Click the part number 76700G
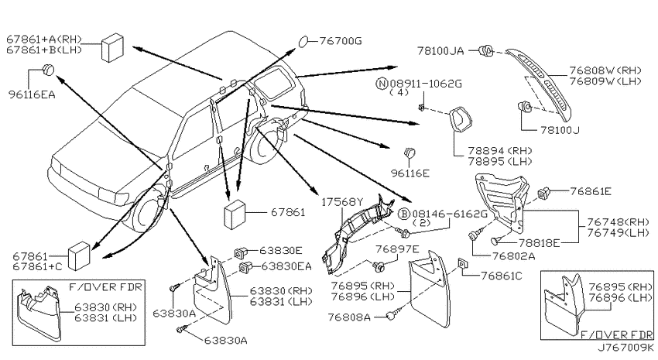341,41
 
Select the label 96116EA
32,94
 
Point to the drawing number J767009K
625,348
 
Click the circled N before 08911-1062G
382,84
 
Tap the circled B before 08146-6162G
403,214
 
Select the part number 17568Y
342,202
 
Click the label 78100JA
440,51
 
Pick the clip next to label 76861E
544,193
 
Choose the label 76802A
514,256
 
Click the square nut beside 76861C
461,263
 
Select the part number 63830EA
286,266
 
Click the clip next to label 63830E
240,252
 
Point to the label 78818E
540,243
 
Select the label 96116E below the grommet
410,173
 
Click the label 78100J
560,130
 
